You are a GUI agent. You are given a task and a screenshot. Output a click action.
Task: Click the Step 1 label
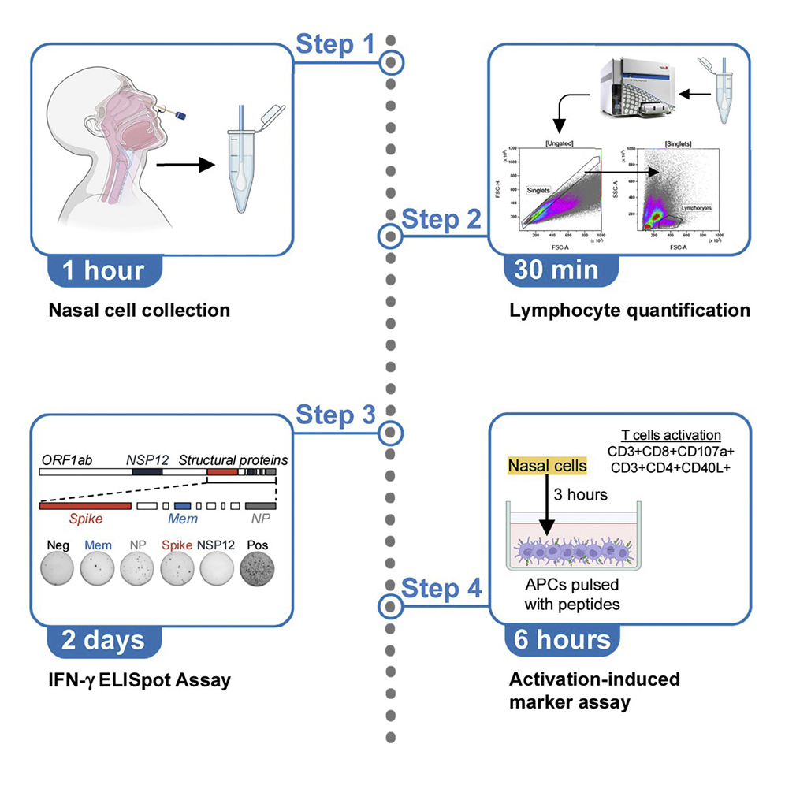[335, 44]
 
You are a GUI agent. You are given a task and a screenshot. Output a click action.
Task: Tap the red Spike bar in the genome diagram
[85, 504]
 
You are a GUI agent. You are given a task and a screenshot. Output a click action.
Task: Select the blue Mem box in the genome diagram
[183, 504]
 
